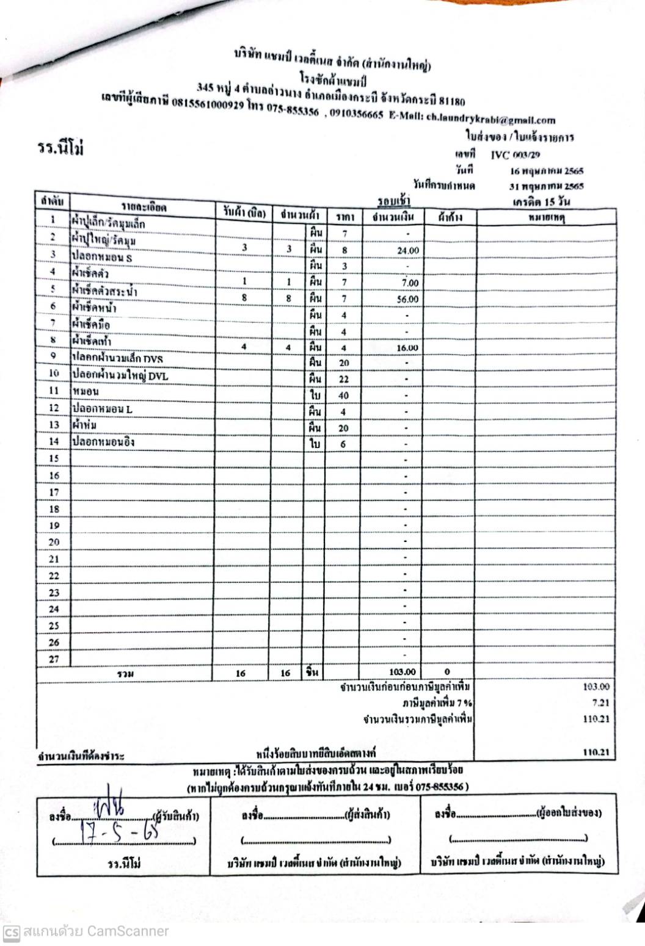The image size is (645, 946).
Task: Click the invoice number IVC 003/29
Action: click(x=515, y=155)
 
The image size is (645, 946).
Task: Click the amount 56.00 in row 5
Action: click(x=408, y=299)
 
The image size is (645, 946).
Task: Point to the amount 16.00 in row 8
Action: click(x=407, y=348)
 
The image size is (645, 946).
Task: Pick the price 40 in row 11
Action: click(x=344, y=395)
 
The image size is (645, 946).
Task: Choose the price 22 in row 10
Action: click(x=344, y=379)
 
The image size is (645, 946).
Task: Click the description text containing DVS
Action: click(x=118, y=358)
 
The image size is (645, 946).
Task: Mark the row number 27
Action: click(x=54, y=659)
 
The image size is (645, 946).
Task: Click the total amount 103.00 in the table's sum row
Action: click(x=403, y=672)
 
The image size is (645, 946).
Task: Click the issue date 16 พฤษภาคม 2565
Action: click(x=547, y=171)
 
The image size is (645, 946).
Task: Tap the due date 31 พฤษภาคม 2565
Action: click(x=547, y=186)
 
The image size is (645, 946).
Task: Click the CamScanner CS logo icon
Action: click(x=11, y=931)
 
